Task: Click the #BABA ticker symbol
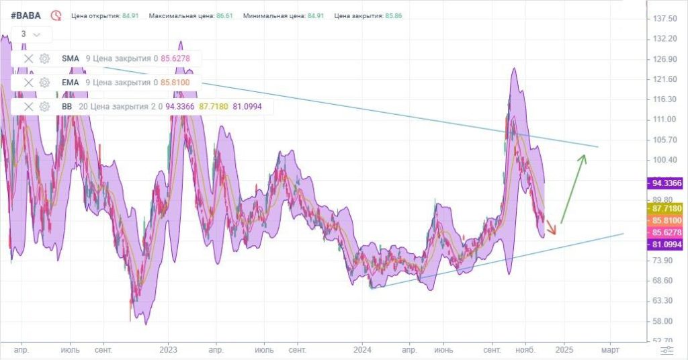pyautogui.click(x=26, y=16)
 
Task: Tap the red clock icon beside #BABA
pyautogui.click(x=56, y=16)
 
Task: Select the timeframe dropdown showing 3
pyautogui.click(x=31, y=34)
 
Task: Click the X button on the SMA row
pyautogui.click(x=28, y=58)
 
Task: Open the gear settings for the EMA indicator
pyautogui.click(x=44, y=83)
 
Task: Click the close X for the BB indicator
pyautogui.click(x=28, y=107)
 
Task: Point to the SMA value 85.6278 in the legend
pyautogui.click(x=175, y=58)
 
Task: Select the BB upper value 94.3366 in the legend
pyautogui.click(x=180, y=107)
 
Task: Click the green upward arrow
pyautogui.click(x=574, y=189)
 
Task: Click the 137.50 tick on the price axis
pyautogui.click(x=665, y=18)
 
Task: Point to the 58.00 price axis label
pyautogui.click(x=662, y=321)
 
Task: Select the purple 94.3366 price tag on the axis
pyautogui.click(x=666, y=183)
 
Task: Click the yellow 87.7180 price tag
pyautogui.click(x=666, y=208)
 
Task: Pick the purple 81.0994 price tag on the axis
pyautogui.click(x=666, y=244)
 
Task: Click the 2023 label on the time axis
pyautogui.click(x=168, y=350)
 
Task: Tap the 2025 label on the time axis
pyautogui.click(x=564, y=350)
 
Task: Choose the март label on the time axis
pyautogui.click(x=610, y=350)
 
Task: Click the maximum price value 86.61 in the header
pyautogui.click(x=224, y=16)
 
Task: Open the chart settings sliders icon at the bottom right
pyautogui.click(x=667, y=350)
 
